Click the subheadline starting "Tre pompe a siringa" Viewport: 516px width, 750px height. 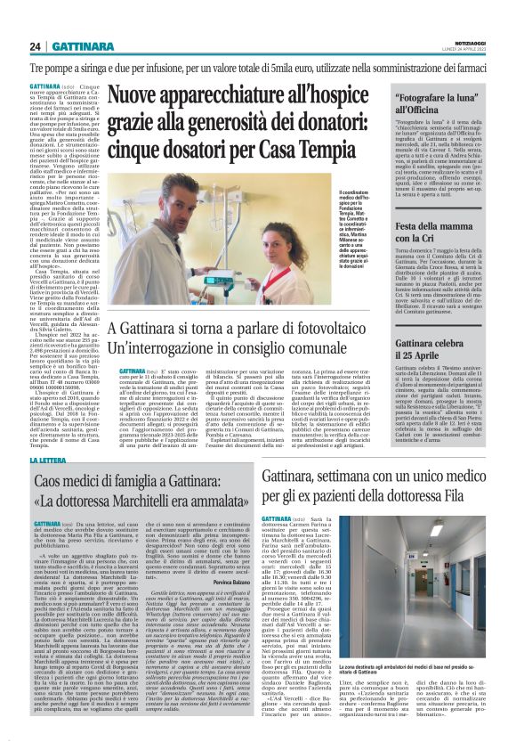[258, 67]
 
